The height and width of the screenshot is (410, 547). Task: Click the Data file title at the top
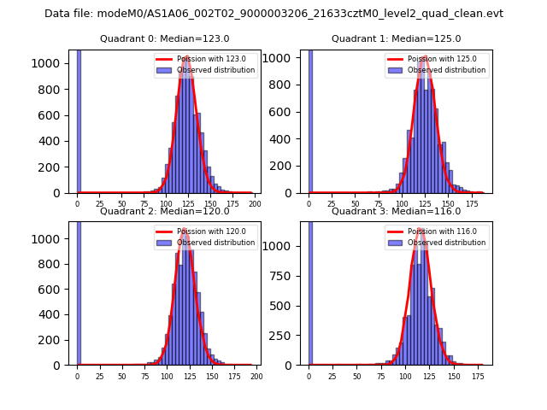tap(273, 14)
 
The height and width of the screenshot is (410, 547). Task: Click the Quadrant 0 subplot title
tap(164, 38)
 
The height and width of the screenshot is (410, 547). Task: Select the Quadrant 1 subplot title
tap(396, 38)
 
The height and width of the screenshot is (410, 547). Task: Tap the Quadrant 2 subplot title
tap(164, 211)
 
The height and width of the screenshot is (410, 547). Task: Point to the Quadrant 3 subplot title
tap(396, 211)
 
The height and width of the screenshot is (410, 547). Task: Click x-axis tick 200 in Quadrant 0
tap(254, 204)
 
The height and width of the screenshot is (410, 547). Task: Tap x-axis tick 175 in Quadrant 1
tap(468, 204)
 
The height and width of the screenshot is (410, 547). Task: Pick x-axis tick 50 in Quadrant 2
tap(121, 376)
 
